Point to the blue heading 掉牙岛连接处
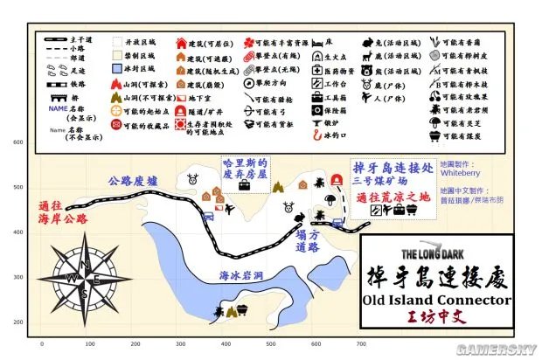point(389,167)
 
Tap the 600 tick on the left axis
point(17,142)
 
